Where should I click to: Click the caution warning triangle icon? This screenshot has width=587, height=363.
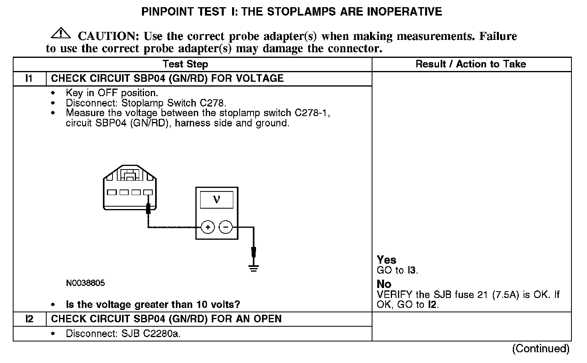[x=61, y=33]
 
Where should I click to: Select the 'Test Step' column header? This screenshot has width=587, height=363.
[x=185, y=64]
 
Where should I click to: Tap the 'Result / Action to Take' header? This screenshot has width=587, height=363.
[x=471, y=64]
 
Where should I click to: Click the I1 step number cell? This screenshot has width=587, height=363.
[x=29, y=78]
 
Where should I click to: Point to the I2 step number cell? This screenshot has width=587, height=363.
[x=29, y=319]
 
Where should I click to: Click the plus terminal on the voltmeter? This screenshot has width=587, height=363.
[x=208, y=227]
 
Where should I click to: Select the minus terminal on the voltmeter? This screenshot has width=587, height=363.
[x=226, y=227]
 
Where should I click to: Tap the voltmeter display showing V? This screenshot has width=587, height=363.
[x=217, y=199]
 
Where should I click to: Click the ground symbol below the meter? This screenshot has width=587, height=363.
[x=253, y=268]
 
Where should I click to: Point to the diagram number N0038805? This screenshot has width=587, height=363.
[x=85, y=283]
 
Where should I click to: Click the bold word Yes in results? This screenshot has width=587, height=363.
[x=386, y=260]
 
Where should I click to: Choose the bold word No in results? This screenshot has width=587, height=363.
[x=384, y=284]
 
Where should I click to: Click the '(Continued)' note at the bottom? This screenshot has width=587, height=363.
[x=541, y=349]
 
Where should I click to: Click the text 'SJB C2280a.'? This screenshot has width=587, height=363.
[x=151, y=333]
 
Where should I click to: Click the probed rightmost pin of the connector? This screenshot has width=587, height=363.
[x=148, y=192]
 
